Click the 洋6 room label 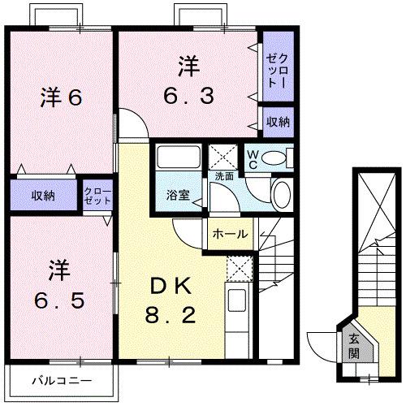coord(61,98)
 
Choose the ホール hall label coord(231,234)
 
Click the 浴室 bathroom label coord(179,195)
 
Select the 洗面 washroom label coord(224,175)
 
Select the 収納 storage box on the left coord(44,195)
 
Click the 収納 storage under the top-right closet coord(278,123)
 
